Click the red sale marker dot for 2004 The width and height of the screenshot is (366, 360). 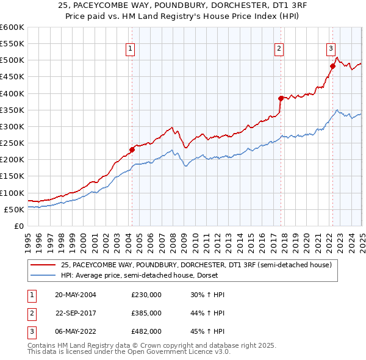point(132,149)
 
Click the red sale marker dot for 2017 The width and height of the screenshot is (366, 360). point(281,98)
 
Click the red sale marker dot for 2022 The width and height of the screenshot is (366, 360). point(332,66)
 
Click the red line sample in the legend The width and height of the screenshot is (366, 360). point(43,265)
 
